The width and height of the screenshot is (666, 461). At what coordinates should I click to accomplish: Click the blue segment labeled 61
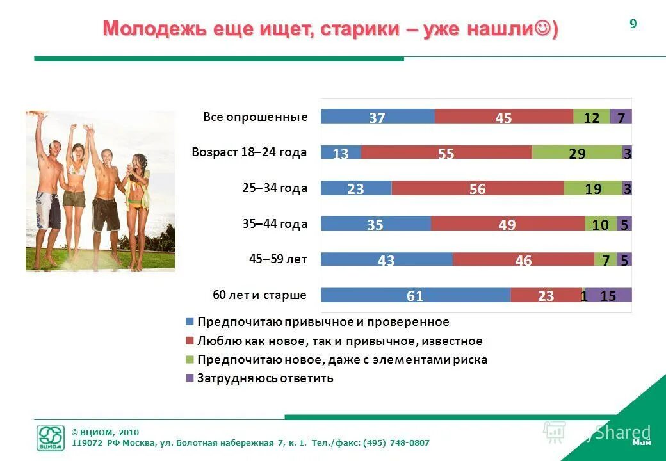(x=416, y=295)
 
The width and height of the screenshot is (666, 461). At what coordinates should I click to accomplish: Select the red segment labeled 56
(x=477, y=188)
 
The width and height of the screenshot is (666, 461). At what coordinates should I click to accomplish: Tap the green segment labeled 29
(x=576, y=152)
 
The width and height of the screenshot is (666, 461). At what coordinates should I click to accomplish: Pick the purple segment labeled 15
(x=609, y=295)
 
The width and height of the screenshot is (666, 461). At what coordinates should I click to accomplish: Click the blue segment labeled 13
(x=341, y=152)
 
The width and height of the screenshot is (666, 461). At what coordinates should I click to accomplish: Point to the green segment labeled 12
(x=591, y=117)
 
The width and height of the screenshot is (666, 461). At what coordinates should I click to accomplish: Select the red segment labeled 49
(x=507, y=223)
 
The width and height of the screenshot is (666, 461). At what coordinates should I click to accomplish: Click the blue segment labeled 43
(x=387, y=259)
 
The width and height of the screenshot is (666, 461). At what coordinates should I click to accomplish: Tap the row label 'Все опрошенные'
(x=256, y=117)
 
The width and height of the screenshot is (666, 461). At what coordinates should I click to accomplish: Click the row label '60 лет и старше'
(x=259, y=295)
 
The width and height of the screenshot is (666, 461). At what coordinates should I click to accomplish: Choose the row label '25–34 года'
(x=275, y=188)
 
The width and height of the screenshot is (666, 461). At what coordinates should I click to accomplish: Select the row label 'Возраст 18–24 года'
(x=249, y=152)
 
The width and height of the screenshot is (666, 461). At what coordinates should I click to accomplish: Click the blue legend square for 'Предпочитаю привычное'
(x=189, y=322)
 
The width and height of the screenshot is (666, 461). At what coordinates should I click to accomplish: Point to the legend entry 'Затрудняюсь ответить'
(x=265, y=378)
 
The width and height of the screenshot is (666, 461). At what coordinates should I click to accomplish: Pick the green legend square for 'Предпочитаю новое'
(x=189, y=359)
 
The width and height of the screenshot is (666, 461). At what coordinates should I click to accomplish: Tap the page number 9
(x=633, y=24)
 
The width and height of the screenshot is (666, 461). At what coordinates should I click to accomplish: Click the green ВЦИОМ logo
(x=51, y=438)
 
